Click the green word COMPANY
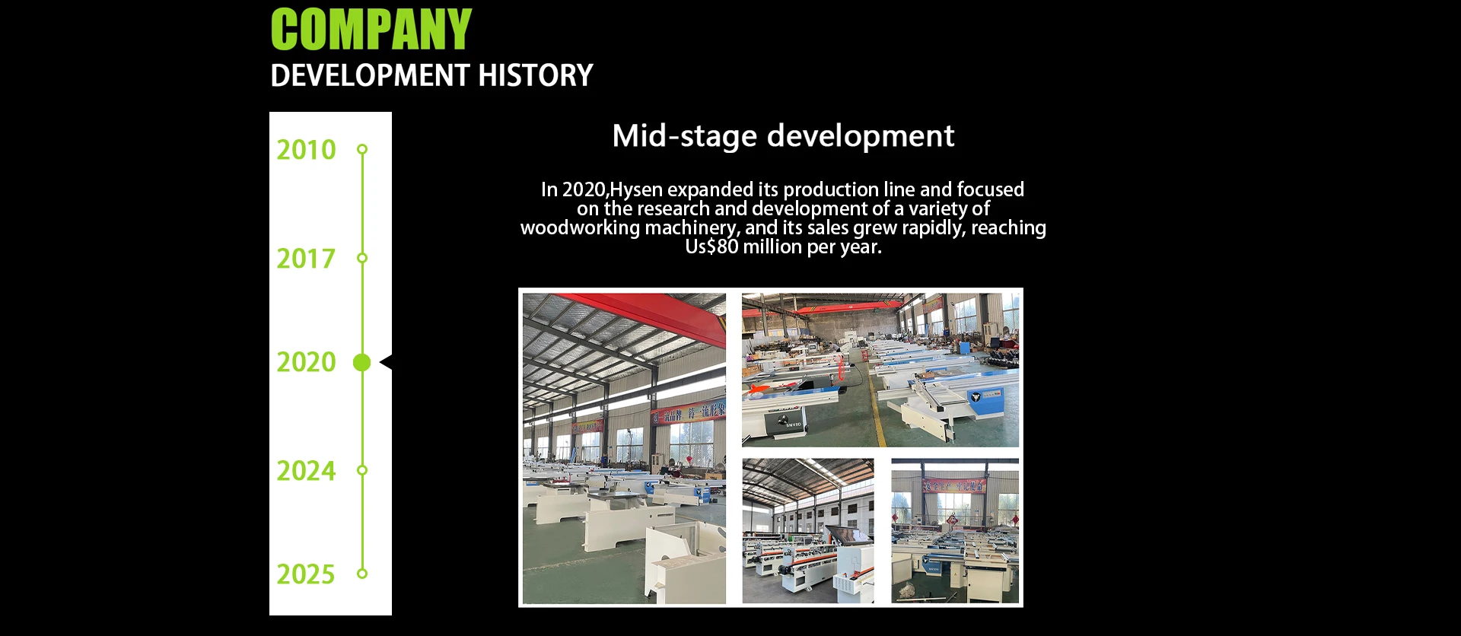[x=371, y=30]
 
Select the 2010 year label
[x=306, y=150]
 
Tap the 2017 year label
[x=306, y=259]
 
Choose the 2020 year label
[x=306, y=362]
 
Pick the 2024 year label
[x=306, y=471]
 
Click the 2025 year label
[x=306, y=574]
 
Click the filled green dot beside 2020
[x=362, y=363]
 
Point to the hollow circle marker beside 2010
[x=362, y=149]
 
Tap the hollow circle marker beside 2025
[x=362, y=574]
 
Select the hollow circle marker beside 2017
[x=362, y=258]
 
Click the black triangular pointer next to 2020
[x=386, y=362]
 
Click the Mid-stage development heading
[x=783, y=136]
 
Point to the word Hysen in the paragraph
[x=636, y=190]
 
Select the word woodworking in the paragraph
[x=580, y=228]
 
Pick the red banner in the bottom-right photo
[x=954, y=485]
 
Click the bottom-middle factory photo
[x=808, y=531]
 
